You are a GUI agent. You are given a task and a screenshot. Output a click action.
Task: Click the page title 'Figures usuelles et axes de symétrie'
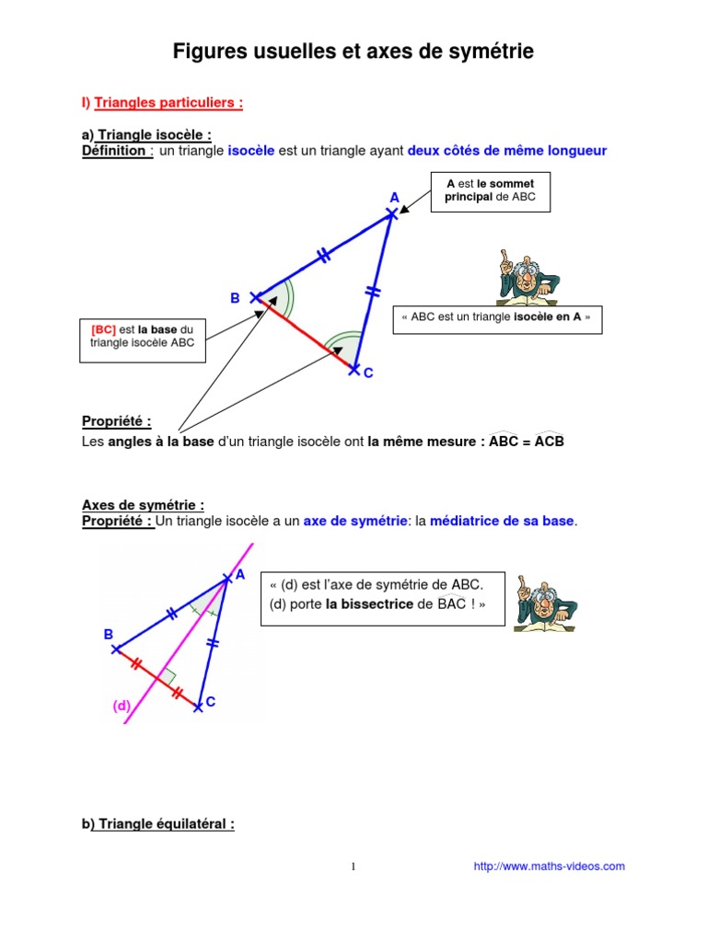(x=353, y=54)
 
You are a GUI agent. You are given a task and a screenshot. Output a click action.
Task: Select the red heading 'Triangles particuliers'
(x=168, y=103)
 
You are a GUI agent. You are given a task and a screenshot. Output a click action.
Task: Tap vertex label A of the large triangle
(x=395, y=198)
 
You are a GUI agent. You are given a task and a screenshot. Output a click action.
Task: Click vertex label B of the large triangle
(x=235, y=298)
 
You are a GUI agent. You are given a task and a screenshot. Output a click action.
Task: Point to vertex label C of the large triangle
(x=368, y=373)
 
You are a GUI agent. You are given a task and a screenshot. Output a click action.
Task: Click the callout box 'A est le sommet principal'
(x=490, y=191)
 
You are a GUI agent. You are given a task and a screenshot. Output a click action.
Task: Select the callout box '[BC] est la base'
(x=142, y=336)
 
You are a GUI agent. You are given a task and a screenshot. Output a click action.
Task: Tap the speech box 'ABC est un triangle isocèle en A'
(x=497, y=316)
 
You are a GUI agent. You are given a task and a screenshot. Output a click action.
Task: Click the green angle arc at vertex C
(x=345, y=345)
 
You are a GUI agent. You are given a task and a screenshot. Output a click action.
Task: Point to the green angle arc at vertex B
(x=281, y=296)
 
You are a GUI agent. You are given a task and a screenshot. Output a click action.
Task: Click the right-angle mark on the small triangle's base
(x=168, y=676)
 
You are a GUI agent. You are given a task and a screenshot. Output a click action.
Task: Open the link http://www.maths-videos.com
(x=549, y=866)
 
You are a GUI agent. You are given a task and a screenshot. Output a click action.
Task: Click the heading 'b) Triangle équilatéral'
(x=158, y=824)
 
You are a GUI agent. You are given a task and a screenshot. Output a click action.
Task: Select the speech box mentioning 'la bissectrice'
(x=383, y=595)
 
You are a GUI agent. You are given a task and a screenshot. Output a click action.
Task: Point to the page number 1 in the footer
(x=353, y=867)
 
